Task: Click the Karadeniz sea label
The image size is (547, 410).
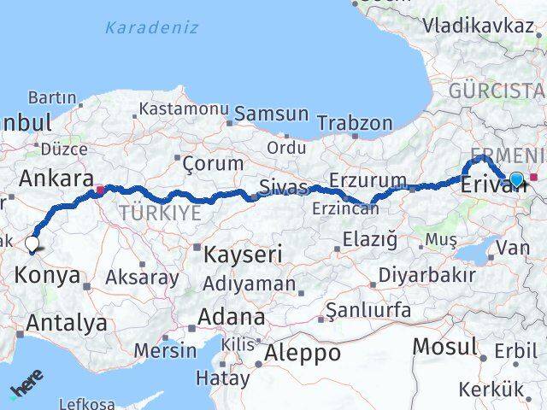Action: tap(151, 27)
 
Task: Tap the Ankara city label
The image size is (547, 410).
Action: tap(56, 179)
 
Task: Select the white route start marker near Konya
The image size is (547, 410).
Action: tap(32, 244)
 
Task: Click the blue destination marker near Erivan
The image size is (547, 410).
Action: tap(516, 179)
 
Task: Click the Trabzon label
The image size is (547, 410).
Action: tap(355, 123)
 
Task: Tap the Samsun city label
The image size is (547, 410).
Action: tap(272, 114)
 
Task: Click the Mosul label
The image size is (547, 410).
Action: tap(444, 347)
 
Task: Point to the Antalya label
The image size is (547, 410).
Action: tap(67, 323)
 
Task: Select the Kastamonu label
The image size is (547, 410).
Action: tap(183, 109)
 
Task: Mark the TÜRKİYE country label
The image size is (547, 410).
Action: tap(161, 211)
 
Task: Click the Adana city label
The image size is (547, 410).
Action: tap(231, 317)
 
